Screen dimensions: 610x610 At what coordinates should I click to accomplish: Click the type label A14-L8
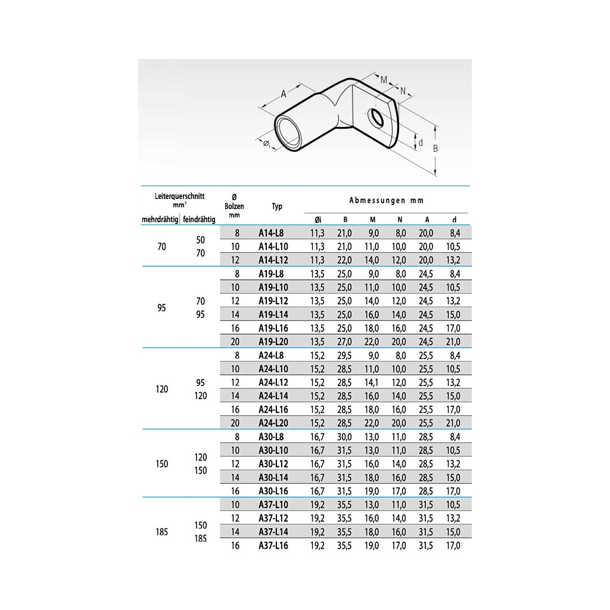point(271,233)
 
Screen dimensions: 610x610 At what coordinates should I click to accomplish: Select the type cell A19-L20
point(273,341)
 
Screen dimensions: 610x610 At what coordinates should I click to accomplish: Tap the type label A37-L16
point(273,545)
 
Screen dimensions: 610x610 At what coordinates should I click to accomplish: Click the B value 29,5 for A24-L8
point(345,355)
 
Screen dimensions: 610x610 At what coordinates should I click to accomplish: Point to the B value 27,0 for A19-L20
point(345,341)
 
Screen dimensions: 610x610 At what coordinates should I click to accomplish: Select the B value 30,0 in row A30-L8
point(345,437)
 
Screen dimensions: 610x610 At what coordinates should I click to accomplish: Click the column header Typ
point(277,207)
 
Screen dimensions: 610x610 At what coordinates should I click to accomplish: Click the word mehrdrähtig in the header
point(160,220)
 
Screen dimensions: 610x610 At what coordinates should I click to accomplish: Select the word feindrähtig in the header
point(200,220)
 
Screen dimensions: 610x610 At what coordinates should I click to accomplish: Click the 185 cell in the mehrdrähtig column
point(162,531)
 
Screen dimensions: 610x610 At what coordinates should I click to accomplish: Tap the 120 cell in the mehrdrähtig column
point(162,389)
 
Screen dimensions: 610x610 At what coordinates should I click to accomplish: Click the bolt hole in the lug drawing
point(376,117)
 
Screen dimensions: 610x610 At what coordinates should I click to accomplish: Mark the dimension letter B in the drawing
point(435,149)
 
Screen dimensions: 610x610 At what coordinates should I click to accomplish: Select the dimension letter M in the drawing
point(384,80)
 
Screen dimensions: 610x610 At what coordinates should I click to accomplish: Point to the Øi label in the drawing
point(266,143)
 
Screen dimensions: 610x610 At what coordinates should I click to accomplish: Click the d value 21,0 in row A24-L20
point(453,423)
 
